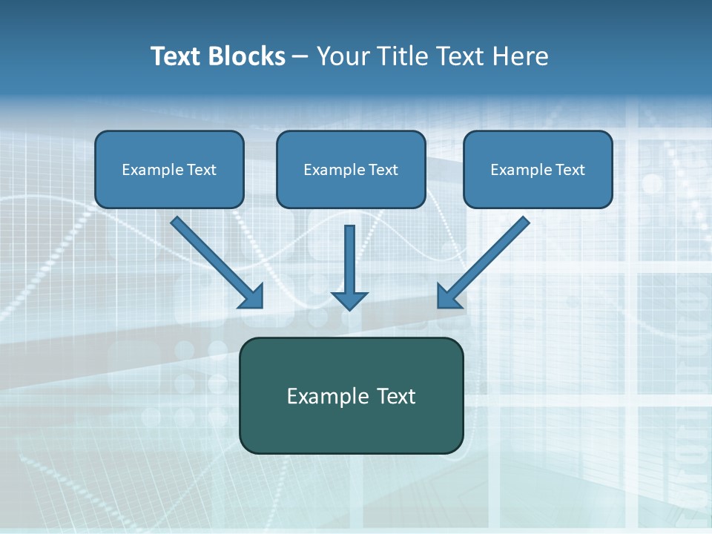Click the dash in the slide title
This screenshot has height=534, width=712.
[x=300, y=57]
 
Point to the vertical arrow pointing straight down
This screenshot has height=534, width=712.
[x=349, y=260]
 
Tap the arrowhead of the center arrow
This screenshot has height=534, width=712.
[x=349, y=300]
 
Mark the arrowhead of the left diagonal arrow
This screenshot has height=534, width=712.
[x=253, y=297]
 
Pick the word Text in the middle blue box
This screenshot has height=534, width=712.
[x=383, y=170]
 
